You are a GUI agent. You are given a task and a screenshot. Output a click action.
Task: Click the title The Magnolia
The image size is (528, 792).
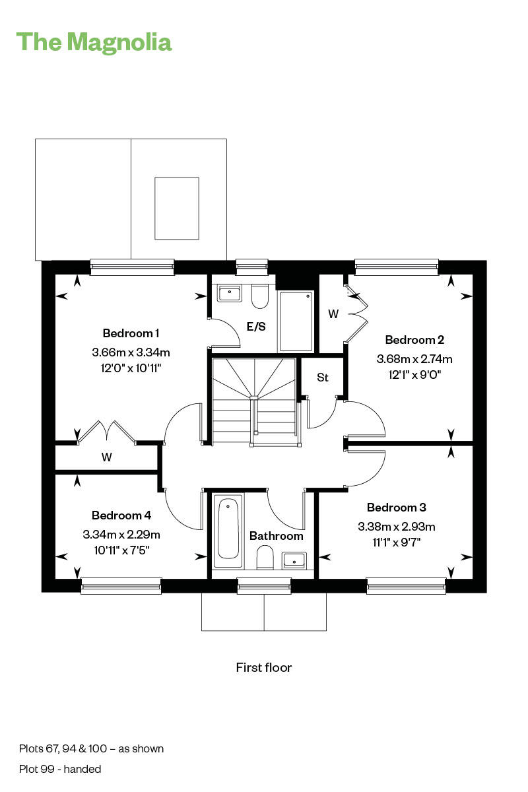pos(94,42)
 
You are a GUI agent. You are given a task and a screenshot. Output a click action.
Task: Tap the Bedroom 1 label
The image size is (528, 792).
pos(131,333)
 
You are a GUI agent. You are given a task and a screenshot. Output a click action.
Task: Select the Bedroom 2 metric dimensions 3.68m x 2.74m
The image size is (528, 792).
pos(414,359)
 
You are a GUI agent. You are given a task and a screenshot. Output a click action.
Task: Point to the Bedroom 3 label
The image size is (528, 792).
pos(396,508)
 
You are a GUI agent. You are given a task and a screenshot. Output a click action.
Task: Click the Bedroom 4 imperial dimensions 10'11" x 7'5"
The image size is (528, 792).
pos(121,549)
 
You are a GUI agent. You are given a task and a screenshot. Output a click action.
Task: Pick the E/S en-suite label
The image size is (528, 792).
pos(256,326)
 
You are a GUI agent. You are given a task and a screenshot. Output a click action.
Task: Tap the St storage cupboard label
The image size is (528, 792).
pos(322,378)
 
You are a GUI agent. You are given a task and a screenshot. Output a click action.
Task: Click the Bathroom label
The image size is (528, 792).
pos(276,536)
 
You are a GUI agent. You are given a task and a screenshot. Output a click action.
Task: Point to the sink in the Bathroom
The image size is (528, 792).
pos(293,560)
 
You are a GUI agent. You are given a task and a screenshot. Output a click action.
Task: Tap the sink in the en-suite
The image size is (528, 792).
pos(228,292)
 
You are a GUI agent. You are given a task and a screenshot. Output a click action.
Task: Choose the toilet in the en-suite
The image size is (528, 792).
pos(259,296)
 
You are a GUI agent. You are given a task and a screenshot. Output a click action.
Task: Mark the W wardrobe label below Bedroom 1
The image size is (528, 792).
pos(106,457)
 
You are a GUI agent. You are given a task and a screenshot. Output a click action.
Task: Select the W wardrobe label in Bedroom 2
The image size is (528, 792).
pos(333,314)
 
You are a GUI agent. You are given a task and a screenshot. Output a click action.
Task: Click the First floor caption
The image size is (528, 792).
pos(263,667)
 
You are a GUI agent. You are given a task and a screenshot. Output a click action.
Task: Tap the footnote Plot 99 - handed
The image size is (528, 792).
pos(60,769)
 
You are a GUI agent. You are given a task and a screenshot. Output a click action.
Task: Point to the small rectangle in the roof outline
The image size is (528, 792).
pos(176,208)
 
